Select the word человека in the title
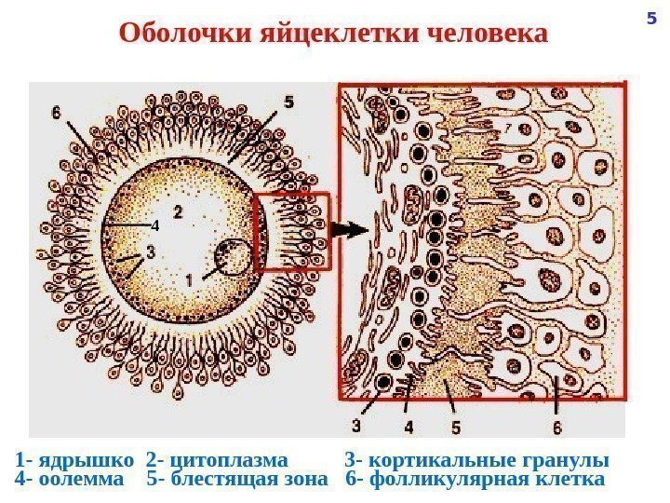click(x=489, y=34)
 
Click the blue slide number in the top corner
click(x=651, y=17)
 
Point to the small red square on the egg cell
click(x=292, y=231)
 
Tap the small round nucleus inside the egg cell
click(x=232, y=257)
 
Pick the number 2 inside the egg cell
click(x=177, y=213)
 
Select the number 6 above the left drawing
click(x=59, y=113)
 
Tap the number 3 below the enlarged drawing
click(x=357, y=427)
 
